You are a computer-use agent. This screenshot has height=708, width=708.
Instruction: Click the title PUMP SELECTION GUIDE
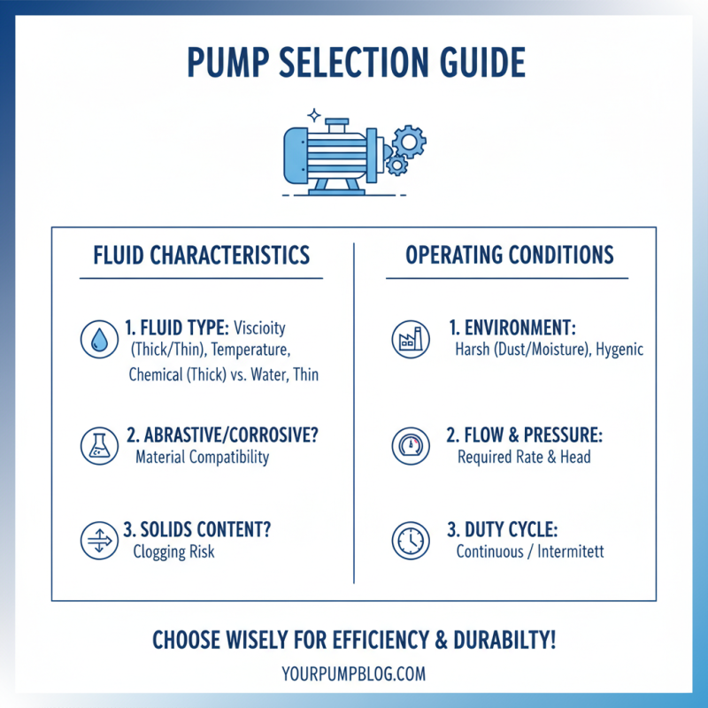tap(354, 63)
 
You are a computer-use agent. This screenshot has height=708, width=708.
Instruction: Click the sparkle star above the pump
tap(312, 115)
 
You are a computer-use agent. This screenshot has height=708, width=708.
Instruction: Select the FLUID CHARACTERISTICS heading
tap(202, 256)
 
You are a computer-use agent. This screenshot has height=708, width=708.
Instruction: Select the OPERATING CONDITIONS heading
tap(510, 256)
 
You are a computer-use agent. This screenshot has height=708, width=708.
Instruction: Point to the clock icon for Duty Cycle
tap(408, 540)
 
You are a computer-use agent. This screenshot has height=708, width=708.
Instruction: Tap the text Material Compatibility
tap(202, 458)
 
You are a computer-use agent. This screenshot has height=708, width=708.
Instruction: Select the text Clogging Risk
tap(173, 551)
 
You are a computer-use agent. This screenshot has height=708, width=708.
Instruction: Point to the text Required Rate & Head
tap(524, 458)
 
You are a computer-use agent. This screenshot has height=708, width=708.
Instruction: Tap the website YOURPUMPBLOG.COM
tap(354, 673)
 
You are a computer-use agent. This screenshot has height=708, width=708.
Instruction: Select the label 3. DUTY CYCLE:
tap(502, 529)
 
